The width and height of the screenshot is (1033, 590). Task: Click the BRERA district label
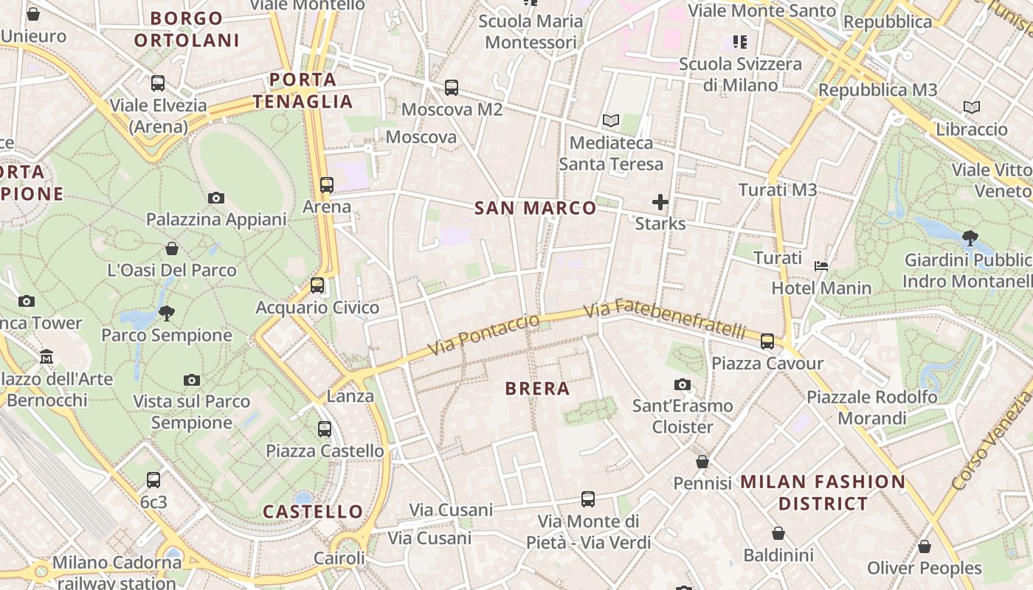(x=537, y=389)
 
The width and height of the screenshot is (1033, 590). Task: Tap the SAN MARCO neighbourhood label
(x=535, y=208)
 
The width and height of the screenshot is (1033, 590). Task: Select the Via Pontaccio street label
(x=484, y=334)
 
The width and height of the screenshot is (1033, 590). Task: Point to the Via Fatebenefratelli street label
(x=665, y=319)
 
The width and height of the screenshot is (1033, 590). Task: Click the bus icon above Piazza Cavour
(x=767, y=341)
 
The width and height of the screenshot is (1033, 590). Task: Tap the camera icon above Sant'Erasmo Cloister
(x=683, y=384)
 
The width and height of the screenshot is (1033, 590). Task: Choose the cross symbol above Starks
(x=660, y=201)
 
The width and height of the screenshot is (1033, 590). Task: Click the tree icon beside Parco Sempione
(x=167, y=313)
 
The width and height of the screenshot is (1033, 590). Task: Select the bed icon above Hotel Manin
(x=821, y=265)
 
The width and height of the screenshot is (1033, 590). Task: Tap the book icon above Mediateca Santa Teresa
(x=610, y=120)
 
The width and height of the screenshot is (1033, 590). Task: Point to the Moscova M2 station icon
(x=452, y=88)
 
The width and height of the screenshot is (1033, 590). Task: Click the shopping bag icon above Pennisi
(x=702, y=462)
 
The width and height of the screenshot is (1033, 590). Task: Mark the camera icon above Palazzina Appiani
(x=216, y=198)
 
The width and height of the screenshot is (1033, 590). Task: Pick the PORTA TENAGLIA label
(x=303, y=90)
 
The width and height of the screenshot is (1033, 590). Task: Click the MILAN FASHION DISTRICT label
(x=823, y=493)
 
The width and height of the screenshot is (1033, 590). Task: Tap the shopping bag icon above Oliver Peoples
(x=925, y=546)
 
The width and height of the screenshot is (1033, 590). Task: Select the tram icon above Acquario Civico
(x=317, y=285)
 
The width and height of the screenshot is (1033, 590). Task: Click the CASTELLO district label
(x=313, y=511)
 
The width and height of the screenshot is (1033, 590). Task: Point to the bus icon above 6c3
(x=153, y=480)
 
